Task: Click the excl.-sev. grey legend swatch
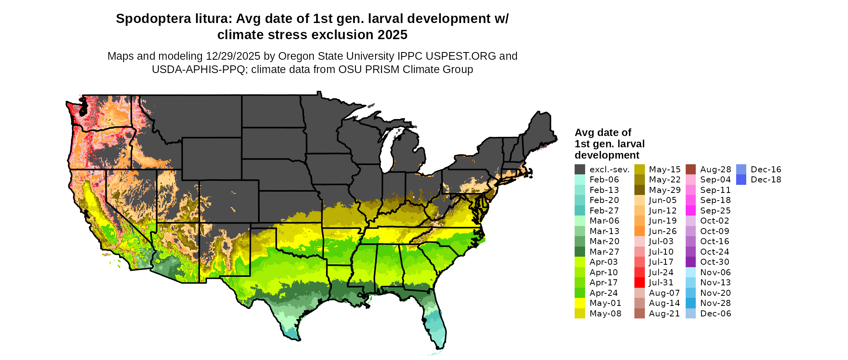pyautogui.click(x=580, y=170)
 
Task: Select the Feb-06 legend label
pyautogui.click(x=604, y=180)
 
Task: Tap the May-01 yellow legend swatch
pyautogui.click(x=580, y=303)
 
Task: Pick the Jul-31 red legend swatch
pyautogui.click(x=639, y=283)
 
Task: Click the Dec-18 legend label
pyautogui.click(x=766, y=180)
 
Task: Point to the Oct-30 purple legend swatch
pyautogui.click(x=691, y=262)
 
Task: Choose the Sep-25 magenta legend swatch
pyautogui.click(x=691, y=211)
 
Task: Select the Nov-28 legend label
pyautogui.click(x=716, y=303)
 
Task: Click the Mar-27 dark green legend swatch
pyautogui.click(x=580, y=252)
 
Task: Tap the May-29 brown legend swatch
pyautogui.click(x=639, y=190)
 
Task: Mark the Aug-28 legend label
pyautogui.click(x=716, y=170)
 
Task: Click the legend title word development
pyautogui.click(x=607, y=155)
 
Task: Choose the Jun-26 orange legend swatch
pyautogui.click(x=639, y=231)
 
